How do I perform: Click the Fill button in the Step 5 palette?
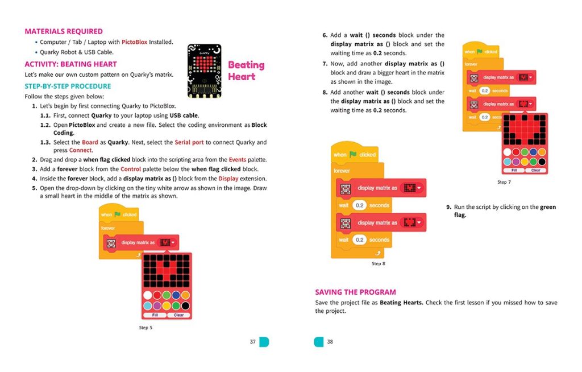pyautogui.click(x=155, y=315)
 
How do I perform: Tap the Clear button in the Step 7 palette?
pyautogui.click(x=535, y=170)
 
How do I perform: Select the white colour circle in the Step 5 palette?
pyautogui.click(x=148, y=295)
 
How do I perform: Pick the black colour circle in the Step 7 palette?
pyautogui.click(x=542, y=162)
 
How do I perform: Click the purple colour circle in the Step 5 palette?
pyautogui.click(x=157, y=305)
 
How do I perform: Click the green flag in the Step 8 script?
pyautogui.click(x=353, y=154)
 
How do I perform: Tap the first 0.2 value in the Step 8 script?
pyautogui.click(x=359, y=205)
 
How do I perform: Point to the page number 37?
pyautogui.click(x=252, y=342)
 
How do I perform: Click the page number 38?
pyautogui.click(x=330, y=342)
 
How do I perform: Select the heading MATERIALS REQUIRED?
pyautogui.click(x=64, y=31)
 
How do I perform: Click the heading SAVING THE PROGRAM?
pyautogui.click(x=355, y=292)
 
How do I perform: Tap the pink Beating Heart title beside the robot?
pyautogui.click(x=246, y=71)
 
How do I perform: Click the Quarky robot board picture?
pyautogui.click(x=204, y=71)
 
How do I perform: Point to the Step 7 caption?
pyautogui.click(x=504, y=182)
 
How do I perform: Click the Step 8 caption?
pyautogui.click(x=379, y=264)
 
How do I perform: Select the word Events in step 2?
pyautogui.click(x=237, y=160)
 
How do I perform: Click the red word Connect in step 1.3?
pyautogui.click(x=80, y=150)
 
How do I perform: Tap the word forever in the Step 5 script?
pyautogui.click(x=108, y=228)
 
